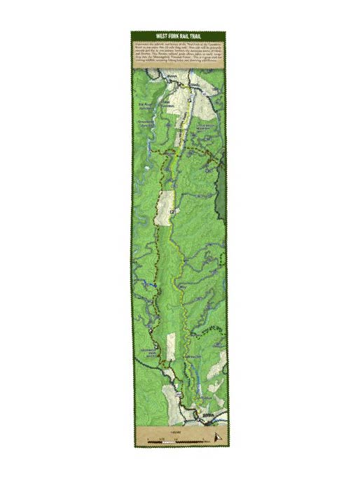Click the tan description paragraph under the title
(179, 53)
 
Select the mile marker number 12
(171, 211)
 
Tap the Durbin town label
(206, 417)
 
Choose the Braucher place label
(193, 357)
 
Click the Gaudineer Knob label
(149, 350)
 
